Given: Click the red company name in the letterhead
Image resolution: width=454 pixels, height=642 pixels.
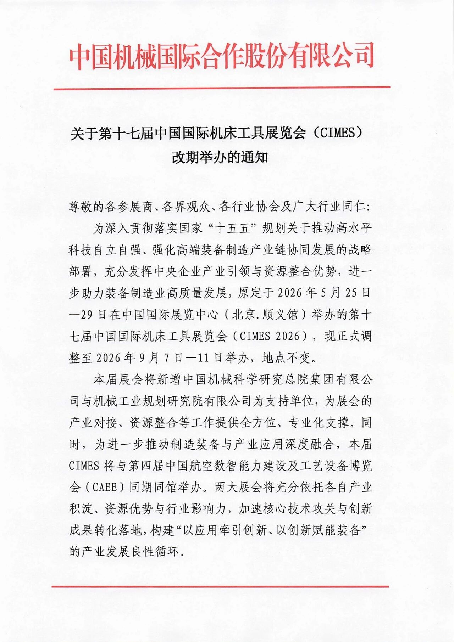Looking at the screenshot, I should point(222,56).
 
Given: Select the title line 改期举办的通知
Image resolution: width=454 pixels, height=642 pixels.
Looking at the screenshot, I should point(220,157).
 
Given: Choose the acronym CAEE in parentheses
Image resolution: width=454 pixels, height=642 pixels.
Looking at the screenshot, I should point(105,487).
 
